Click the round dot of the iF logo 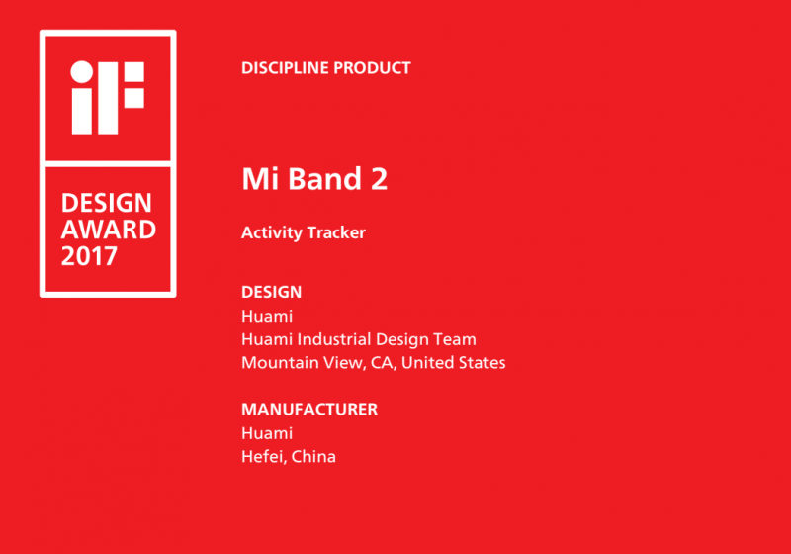(82, 71)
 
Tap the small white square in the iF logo (134, 98)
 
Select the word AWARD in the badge (109, 230)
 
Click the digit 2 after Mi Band (380, 179)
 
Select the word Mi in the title (260, 179)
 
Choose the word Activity (271, 233)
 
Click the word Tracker (336, 232)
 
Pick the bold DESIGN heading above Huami (271, 292)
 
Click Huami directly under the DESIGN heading (267, 316)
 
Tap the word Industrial (334, 339)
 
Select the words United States (454, 363)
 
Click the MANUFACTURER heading (309, 410)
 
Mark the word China (313, 457)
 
